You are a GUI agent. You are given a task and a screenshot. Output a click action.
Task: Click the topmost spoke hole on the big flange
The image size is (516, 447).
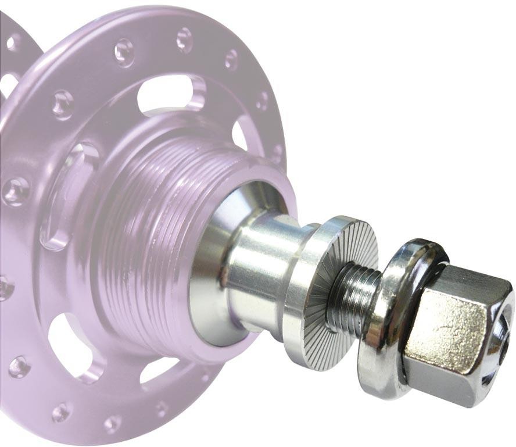pyautogui.click(x=184, y=39)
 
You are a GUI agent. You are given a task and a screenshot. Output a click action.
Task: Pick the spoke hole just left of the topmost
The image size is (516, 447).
pyautogui.click(x=124, y=52)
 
